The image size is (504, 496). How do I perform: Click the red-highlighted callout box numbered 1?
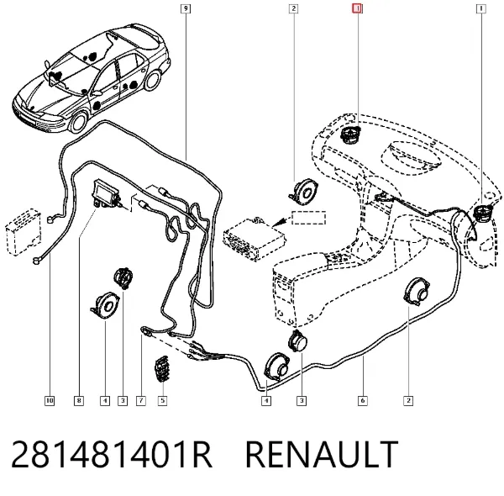[x=357, y=8]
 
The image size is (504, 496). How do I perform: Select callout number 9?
[x=186, y=8]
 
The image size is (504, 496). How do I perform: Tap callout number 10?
[x=50, y=400]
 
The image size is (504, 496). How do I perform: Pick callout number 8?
[x=79, y=400]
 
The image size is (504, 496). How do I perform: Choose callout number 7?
[x=141, y=400]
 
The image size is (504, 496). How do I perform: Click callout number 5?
[x=162, y=400]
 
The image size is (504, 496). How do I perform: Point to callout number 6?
[x=363, y=400]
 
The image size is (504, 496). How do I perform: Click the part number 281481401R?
[x=112, y=454]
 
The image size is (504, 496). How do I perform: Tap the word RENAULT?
[x=322, y=454]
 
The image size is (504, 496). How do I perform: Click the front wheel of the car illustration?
[x=78, y=122]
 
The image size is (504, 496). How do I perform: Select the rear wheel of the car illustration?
[x=152, y=81]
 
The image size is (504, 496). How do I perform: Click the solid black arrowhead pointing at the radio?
[x=279, y=222]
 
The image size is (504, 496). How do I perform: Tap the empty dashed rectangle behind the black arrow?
[x=308, y=218]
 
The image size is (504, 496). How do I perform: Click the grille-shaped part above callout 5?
[x=161, y=368]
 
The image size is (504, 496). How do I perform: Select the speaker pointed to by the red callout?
[x=350, y=135]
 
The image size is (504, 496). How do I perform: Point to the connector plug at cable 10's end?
[x=36, y=261]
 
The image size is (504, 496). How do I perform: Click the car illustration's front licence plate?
[x=25, y=119]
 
